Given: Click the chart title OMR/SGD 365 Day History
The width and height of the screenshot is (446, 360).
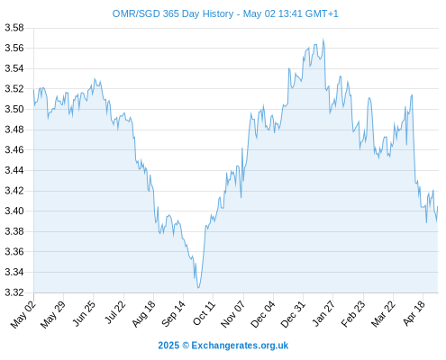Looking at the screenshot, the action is coord(173,13).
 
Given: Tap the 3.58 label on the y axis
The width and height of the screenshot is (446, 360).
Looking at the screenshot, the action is coord(14,28).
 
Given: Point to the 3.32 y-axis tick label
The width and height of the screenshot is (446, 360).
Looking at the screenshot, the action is coord(14,292).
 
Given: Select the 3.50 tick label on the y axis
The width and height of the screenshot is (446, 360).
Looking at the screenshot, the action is coord(14,109).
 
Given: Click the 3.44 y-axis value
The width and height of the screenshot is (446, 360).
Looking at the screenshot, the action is coord(14,170).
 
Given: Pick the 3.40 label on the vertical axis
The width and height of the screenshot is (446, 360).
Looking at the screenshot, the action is coord(14,211).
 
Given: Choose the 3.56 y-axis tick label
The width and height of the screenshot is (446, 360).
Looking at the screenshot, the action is coord(14,48).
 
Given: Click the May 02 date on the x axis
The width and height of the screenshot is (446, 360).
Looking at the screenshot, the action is coord(23,314).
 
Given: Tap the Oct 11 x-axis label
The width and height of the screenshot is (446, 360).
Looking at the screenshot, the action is coord(205,313).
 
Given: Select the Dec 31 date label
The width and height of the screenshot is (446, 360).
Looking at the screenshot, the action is coord(293,314).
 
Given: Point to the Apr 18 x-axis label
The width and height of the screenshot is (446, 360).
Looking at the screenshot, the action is coord(414,313).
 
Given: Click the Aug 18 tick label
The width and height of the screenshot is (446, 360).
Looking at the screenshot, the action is coord(144,313).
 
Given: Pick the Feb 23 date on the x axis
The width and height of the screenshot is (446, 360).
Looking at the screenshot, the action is coord(353,314).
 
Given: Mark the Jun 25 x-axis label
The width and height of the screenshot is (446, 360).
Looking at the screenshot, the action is coord(84,313).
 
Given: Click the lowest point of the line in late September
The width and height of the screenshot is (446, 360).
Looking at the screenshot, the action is coord(198,288).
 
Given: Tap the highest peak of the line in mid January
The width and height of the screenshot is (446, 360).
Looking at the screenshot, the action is coord(323,39).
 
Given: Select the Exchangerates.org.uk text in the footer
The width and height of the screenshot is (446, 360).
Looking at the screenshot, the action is coord(240,346).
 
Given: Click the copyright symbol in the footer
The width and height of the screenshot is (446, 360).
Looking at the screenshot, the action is coord(186,346).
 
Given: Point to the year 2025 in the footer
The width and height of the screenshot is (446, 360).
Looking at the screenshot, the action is coord(168,346).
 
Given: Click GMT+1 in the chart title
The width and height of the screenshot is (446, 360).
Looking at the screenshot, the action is coord(322,13).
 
